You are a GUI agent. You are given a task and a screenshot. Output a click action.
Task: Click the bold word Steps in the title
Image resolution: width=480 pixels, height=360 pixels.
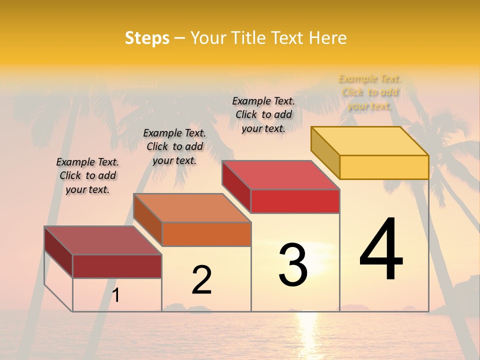[x=147, y=38]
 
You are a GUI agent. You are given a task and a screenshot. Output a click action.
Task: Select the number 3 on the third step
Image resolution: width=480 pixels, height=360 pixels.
[x=293, y=264]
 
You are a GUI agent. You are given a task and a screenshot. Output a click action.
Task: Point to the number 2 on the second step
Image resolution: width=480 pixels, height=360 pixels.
[x=201, y=280]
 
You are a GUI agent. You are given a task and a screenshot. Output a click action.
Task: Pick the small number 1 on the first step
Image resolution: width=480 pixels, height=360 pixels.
[x=116, y=295]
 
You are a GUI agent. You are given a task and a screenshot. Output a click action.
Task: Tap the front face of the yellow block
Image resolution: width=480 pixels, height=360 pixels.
[x=384, y=167]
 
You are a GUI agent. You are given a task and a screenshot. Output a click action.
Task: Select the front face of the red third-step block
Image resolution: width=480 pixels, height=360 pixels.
[x=295, y=201]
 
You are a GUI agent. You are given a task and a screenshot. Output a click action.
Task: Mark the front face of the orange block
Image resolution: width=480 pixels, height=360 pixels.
[x=206, y=234]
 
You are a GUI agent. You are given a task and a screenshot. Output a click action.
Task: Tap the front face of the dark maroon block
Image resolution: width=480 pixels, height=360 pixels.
[x=117, y=266]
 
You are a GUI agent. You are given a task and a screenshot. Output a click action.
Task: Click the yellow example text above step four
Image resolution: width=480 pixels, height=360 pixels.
[x=369, y=92]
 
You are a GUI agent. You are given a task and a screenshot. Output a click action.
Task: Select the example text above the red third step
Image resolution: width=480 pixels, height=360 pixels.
[x=263, y=114]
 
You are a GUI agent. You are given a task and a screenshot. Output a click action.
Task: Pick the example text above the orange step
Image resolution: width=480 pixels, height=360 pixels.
[x=174, y=146]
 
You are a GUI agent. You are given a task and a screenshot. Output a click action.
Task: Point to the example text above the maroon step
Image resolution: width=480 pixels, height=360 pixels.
[x=87, y=175]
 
